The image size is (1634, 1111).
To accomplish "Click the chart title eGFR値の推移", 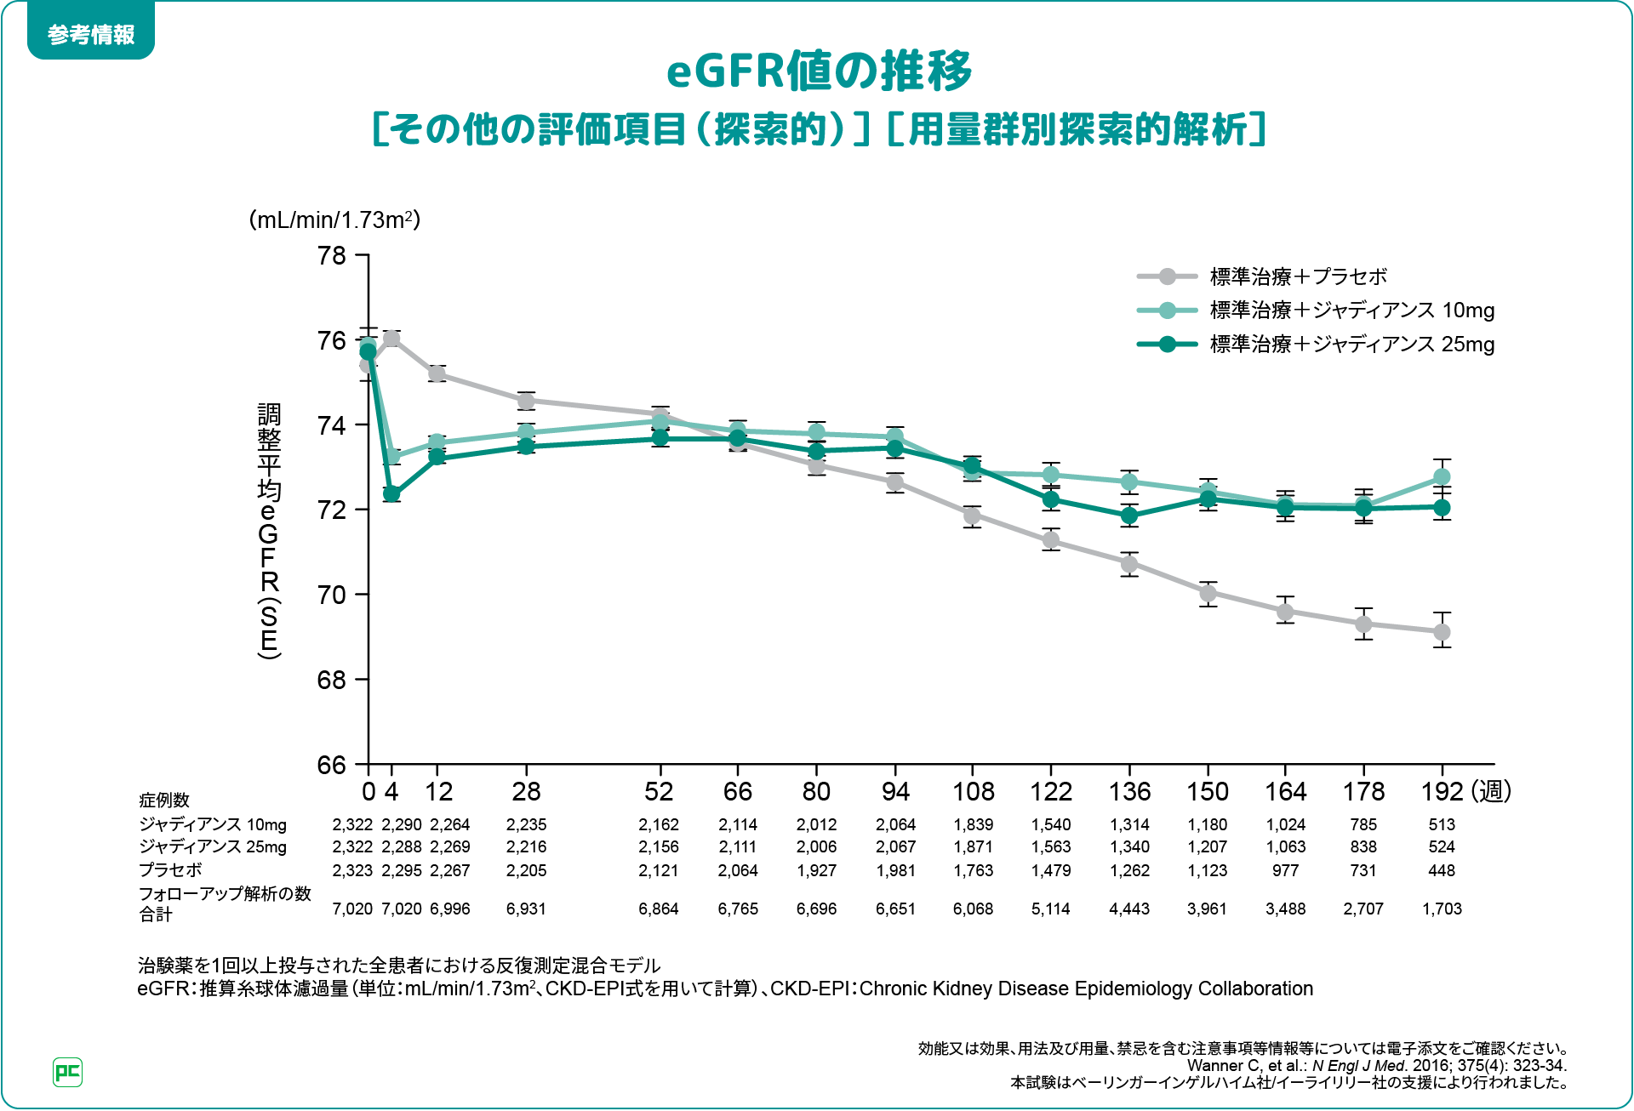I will [x=818, y=71].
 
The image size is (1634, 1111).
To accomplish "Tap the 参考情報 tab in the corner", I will [x=91, y=34].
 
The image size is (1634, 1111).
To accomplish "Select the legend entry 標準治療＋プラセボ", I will [x=1298, y=276].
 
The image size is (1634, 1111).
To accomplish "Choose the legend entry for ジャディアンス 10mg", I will [x=1351, y=311].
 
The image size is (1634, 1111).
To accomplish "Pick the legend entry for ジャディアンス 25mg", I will [x=1351, y=345].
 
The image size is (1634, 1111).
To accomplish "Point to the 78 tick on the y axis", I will [x=332, y=255].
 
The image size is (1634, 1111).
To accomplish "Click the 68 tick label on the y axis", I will [x=332, y=680].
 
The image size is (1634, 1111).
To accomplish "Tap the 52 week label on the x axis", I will [x=659, y=792].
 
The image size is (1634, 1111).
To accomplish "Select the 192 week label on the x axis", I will [x=1442, y=792].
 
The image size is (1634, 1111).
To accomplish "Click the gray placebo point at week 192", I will [x=1442, y=632].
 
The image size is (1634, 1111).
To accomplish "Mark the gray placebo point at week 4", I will [x=391, y=339].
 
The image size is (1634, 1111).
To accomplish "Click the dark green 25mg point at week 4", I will [x=391, y=493].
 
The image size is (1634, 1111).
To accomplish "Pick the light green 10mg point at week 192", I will [x=1442, y=476].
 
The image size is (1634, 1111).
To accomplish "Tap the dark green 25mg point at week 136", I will [x=1129, y=516].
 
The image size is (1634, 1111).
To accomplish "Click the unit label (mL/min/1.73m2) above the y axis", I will [x=334, y=220].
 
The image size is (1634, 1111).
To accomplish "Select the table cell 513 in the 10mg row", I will [x=1442, y=824].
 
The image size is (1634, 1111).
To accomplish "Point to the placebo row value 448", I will [x=1442, y=870].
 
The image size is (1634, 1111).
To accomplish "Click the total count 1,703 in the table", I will [x=1442, y=909].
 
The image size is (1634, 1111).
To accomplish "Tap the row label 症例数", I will [x=164, y=800].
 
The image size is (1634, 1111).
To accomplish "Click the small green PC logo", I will [x=67, y=1072].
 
